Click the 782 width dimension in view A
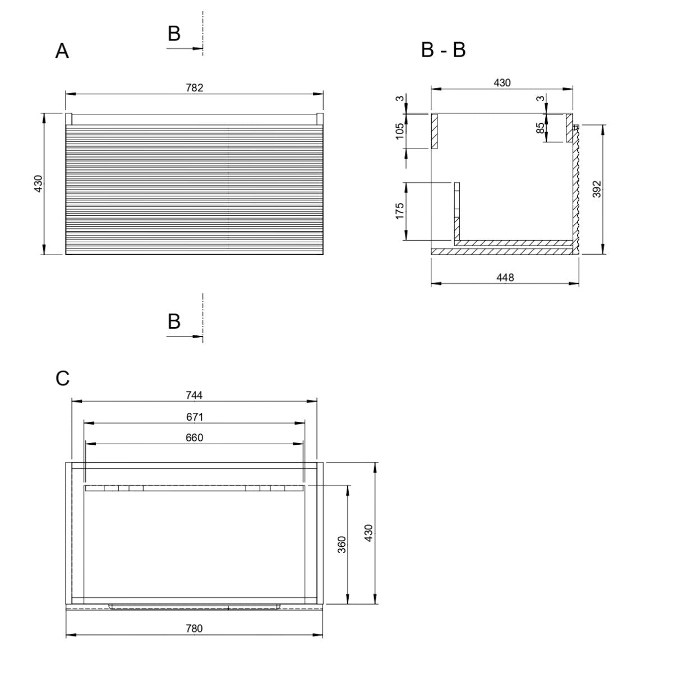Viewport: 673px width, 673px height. [194, 87]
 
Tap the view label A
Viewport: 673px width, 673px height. [62, 51]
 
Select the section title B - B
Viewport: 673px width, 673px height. [443, 49]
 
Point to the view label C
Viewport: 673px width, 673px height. [62, 378]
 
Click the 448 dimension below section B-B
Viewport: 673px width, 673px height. [505, 277]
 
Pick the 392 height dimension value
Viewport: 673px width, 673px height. [597, 189]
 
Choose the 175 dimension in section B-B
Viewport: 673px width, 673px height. [399, 211]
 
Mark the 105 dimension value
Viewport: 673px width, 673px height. [399, 131]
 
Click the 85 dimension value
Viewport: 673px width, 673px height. [540, 128]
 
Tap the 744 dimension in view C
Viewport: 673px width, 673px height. [194, 395]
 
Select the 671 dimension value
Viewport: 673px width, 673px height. [195, 417]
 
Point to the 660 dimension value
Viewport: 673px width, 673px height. [194, 437]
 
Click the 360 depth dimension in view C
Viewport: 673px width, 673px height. [342, 545]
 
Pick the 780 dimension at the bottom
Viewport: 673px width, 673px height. [194, 638]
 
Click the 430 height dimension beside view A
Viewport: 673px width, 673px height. [38, 183]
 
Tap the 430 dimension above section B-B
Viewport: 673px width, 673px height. [502, 83]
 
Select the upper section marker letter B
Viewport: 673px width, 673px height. [174, 34]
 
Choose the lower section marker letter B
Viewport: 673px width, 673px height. [174, 321]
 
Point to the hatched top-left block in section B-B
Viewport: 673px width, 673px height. [435, 131]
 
